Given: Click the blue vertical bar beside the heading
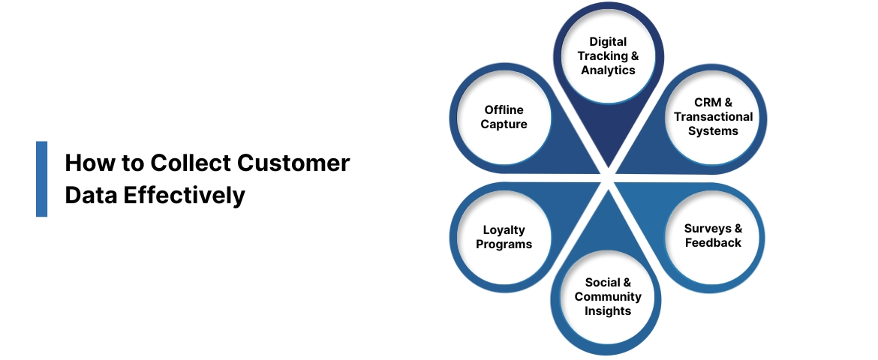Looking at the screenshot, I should [41, 178].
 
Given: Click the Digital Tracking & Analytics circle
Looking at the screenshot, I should [608, 56].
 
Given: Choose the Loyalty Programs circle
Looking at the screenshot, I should [504, 237].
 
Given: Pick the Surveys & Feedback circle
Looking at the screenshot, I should [712, 235].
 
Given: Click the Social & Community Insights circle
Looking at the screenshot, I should [608, 297].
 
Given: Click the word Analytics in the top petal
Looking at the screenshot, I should [608, 70].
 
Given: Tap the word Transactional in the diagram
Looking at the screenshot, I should [713, 117].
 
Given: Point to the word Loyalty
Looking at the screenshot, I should [504, 229].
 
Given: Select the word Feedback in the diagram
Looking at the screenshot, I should [712, 243].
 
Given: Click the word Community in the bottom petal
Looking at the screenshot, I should [608, 297].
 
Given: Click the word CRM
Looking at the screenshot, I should [705, 103].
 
